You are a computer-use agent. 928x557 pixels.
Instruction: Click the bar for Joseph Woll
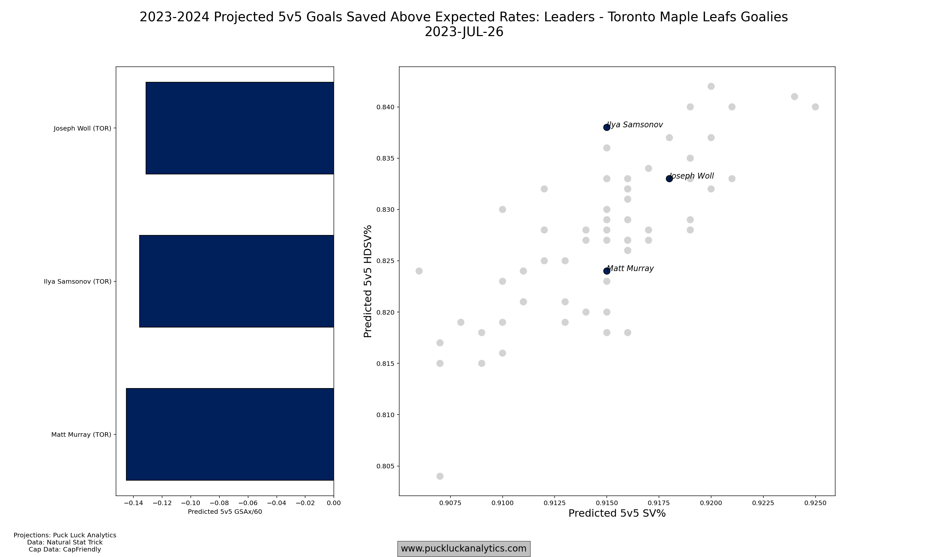[239, 128]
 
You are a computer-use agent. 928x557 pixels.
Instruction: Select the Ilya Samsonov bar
[236, 281]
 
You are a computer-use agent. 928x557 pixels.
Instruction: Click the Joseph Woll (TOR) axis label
[82, 128]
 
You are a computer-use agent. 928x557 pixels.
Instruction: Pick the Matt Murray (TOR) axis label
[81, 435]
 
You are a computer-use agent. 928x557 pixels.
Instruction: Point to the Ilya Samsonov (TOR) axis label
[78, 281]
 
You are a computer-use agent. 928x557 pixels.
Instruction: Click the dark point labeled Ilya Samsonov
[606, 127]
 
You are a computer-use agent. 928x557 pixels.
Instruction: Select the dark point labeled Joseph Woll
[669, 179]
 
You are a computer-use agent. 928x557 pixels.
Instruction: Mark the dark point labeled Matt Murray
[606, 271]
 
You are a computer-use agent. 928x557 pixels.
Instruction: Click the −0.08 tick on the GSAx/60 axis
[219, 503]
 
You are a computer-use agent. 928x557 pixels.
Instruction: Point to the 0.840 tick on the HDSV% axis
[386, 107]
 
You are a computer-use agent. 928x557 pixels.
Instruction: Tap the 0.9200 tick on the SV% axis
[711, 503]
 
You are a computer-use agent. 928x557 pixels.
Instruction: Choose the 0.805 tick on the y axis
[386, 466]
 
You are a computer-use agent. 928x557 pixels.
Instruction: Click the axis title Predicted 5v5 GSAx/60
[225, 512]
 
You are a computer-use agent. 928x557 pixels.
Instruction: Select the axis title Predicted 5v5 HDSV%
[368, 281]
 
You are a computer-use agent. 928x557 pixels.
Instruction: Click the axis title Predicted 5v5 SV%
[617, 513]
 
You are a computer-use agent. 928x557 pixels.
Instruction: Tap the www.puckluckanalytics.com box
[464, 549]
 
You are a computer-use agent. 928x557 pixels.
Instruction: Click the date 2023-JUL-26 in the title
[464, 32]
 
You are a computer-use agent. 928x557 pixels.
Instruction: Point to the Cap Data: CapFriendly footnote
[65, 550]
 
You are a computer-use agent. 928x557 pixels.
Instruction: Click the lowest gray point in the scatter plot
[440, 476]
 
